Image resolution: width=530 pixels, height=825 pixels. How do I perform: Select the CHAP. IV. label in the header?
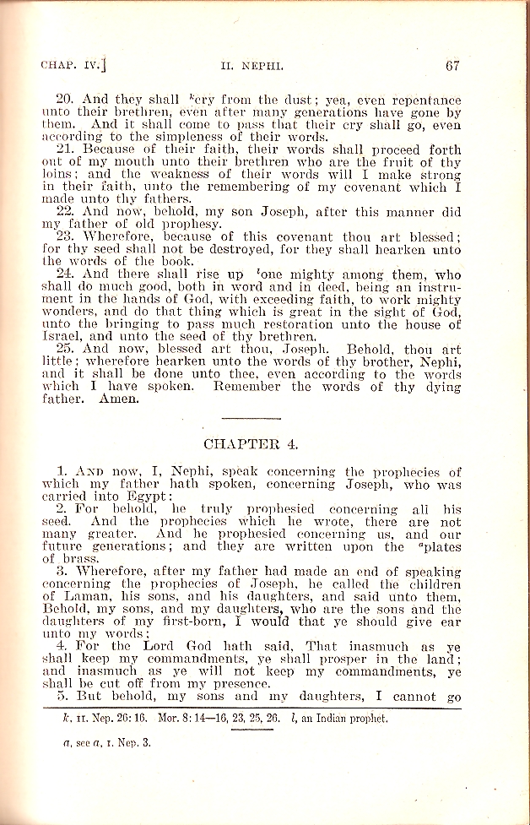[x=73, y=65]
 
